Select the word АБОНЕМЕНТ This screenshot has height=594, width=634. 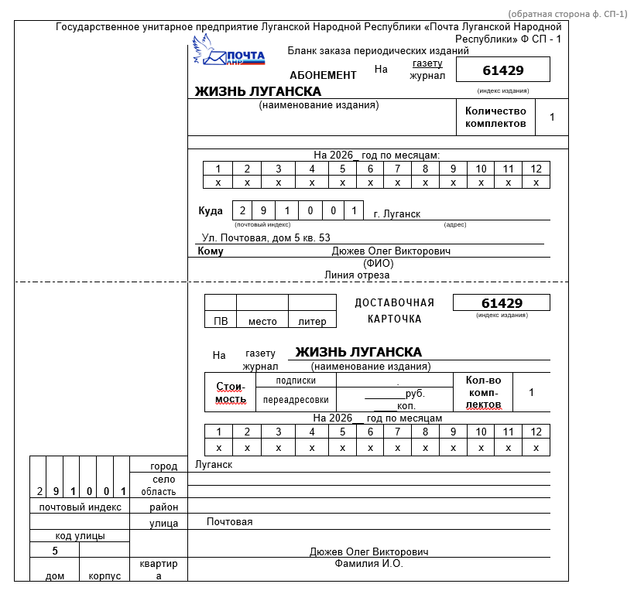(x=323, y=75)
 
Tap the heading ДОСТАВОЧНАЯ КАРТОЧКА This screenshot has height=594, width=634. (x=394, y=310)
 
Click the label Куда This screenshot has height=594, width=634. (x=211, y=211)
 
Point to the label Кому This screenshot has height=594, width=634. (x=211, y=251)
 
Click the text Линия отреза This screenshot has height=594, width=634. (x=357, y=275)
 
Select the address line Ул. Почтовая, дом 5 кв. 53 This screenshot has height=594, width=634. (x=266, y=237)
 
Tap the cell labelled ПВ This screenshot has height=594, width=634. (x=220, y=321)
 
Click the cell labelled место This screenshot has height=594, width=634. (x=262, y=321)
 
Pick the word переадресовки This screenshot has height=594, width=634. (x=296, y=400)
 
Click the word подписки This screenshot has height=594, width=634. (x=296, y=381)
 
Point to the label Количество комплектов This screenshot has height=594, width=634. (x=495, y=118)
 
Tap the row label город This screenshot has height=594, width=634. (x=164, y=466)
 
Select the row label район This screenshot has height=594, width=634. (x=164, y=507)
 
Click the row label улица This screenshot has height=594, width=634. (x=164, y=524)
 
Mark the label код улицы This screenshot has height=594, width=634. (x=80, y=535)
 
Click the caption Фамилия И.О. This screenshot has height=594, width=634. (x=368, y=564)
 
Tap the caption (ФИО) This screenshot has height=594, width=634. (x=379, y=263)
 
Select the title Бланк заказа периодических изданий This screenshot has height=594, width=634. (x=379, y=51)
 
